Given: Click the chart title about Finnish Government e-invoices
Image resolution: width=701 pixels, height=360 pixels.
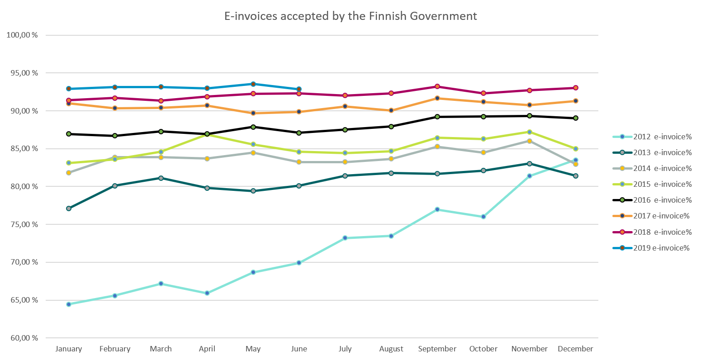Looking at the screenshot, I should coord(350,16).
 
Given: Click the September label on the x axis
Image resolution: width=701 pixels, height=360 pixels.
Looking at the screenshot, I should coord(437,349).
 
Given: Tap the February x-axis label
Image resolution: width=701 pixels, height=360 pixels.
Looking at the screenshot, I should coord(115,349).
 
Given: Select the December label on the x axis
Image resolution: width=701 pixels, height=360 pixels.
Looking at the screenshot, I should coord(575,349).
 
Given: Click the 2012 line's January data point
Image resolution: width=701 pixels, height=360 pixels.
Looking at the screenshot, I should coord(69,304).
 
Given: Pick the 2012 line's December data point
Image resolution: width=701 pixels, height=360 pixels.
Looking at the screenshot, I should coord(576,160).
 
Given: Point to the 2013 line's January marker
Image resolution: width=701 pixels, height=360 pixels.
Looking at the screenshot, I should coord(69,208).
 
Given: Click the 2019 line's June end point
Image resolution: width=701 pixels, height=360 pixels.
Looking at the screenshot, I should coord(299,89).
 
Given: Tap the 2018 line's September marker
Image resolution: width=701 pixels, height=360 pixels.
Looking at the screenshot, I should coord(437,86).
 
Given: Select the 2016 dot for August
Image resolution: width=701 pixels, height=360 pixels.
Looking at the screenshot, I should coord(391,127).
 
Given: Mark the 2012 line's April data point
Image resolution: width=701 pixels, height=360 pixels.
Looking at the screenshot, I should coord(207,293).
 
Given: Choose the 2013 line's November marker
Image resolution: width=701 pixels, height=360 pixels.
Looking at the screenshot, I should coord(530,163).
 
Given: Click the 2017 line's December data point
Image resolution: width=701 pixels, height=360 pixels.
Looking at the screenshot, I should coord(576,101).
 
